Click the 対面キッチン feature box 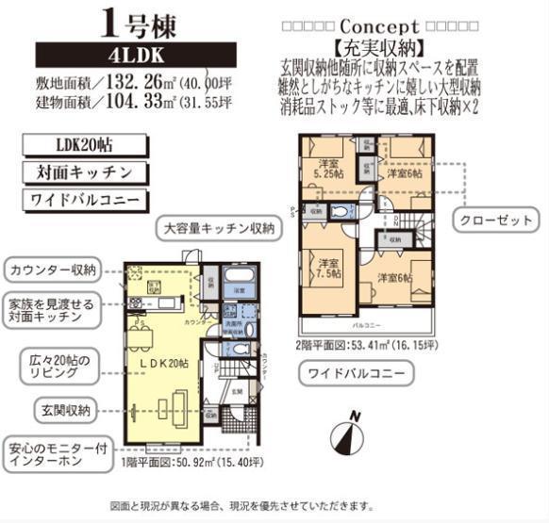pos(85,172)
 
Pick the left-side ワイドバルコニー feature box pos(85,200)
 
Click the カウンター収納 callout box pos(53,270)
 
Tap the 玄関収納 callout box pos(65,410)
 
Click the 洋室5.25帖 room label pos(328,169)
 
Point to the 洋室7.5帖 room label pos(329,269)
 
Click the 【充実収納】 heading pos(377,45)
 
